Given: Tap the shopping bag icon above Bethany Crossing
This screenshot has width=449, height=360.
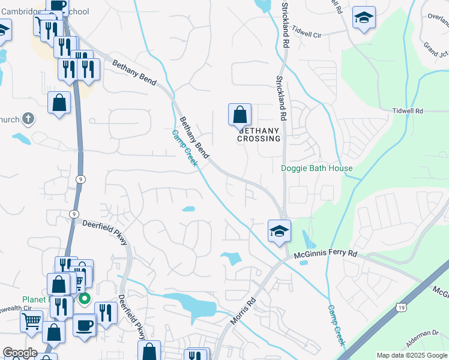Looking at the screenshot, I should pyautogui.click(x=240, y=114).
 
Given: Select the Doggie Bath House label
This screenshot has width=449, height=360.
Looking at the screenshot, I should pyautogui.click(x=317, y=169).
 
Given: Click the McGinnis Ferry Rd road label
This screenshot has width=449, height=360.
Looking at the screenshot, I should pyautogui.click(x=326, y=255).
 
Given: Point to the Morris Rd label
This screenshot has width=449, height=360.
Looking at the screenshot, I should pyautogui.click(x=244, y=311).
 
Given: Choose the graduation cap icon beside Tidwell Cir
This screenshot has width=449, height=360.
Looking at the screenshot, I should pyautogui.click(x=363, y=18).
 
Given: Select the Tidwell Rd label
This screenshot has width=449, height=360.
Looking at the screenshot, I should pyautogui.click(x=408, y=111).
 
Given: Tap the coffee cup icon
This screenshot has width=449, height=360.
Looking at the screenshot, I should pyautogui.click(x=85, y=325).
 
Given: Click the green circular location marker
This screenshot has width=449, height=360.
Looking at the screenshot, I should pyautogui.click(x=85, y=298).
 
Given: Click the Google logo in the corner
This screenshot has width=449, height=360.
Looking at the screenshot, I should pyautogui.click(x=20, y=353).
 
